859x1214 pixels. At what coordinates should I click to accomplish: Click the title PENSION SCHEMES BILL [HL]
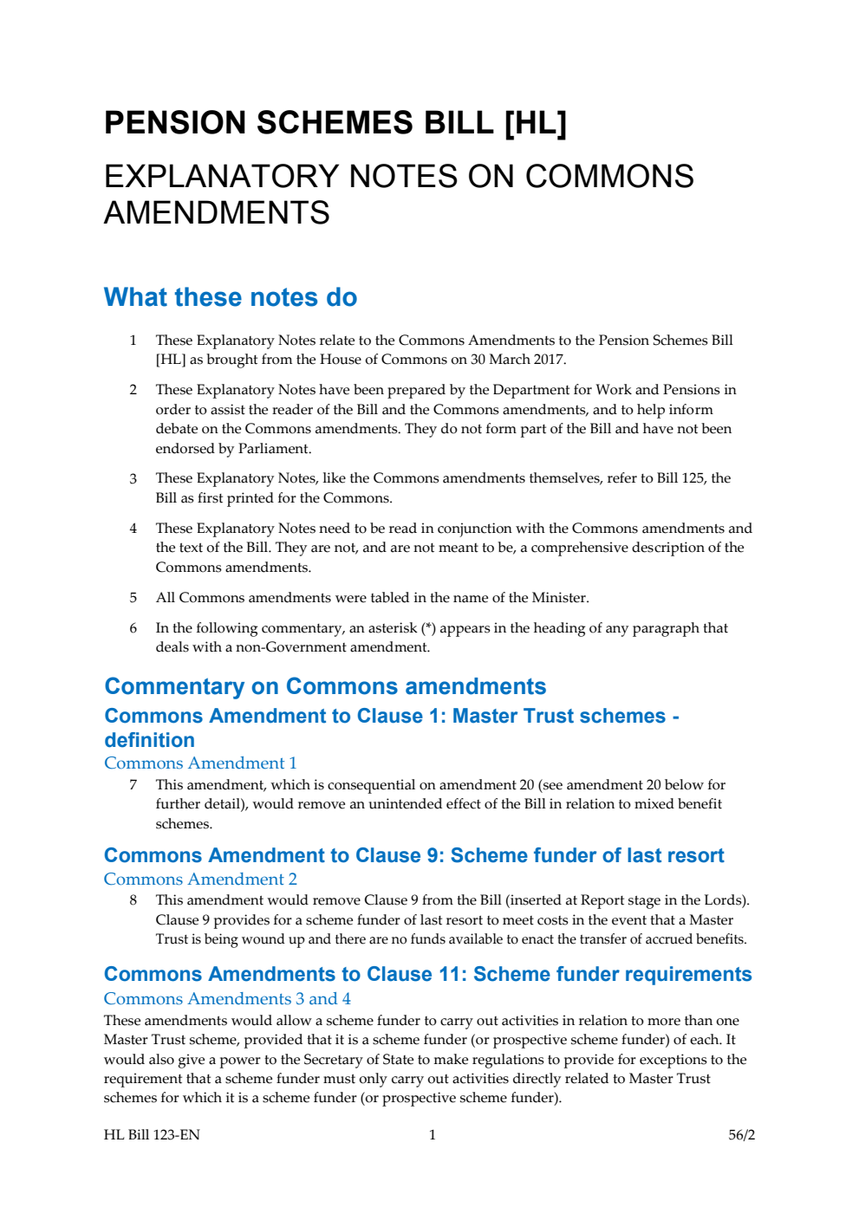[335, 123]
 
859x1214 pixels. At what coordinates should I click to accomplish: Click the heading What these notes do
[231, 297]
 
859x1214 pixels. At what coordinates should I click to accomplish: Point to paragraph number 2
[133, 390]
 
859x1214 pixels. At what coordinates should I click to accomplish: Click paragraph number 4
[133, 529]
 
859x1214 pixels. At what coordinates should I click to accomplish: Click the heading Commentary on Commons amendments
[325, 686]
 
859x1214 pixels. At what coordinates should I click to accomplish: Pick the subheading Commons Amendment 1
[200, 763]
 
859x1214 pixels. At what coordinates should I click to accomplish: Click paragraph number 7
[133, 785]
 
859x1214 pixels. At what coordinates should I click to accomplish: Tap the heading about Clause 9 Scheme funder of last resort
[413, 856]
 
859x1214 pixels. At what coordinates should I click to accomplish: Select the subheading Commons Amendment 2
[200, 880]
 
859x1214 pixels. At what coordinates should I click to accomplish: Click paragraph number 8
[133, 900]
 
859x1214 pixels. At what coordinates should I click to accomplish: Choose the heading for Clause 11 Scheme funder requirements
[427, 975]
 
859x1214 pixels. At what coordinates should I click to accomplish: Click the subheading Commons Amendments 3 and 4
[227, 999]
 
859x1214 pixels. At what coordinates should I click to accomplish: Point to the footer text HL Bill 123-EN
[152, 1135]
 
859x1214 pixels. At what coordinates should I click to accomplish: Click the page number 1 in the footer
[433, 1135]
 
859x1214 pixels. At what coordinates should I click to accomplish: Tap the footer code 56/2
[741, 1135]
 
